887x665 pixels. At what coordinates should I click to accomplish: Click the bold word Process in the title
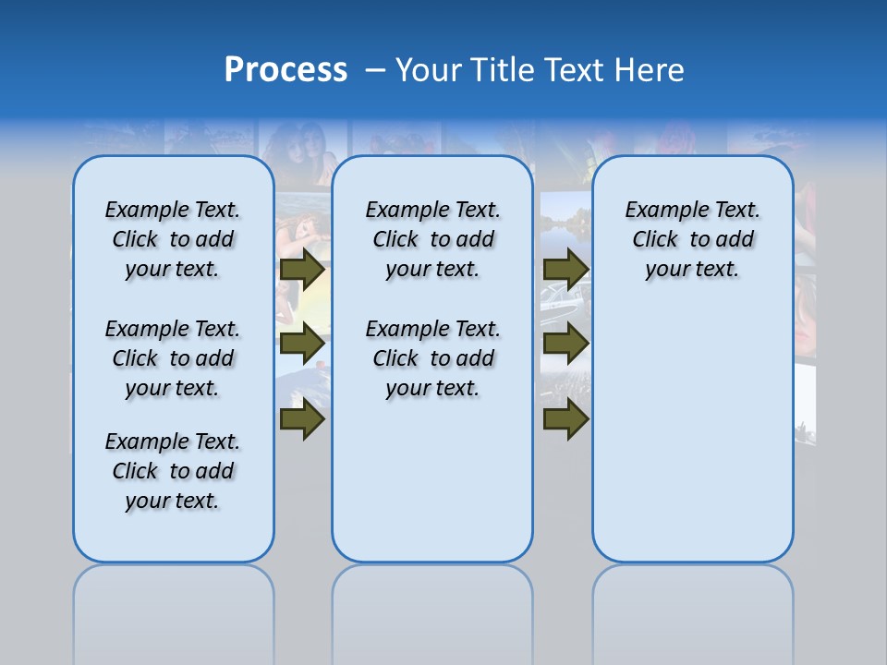tap(286, 70)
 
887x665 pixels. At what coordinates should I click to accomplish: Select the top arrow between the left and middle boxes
tap(302, 270)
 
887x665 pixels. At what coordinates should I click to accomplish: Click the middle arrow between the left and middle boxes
tap(302, 344)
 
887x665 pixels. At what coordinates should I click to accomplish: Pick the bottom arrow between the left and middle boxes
tap(302, 418)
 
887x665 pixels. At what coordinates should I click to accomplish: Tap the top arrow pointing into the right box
tap(565, 270)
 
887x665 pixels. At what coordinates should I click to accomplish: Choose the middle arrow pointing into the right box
tap(565, 344)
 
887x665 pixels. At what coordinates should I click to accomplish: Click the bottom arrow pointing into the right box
tap(565, 418)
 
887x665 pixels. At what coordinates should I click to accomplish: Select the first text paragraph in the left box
tap(173, 239)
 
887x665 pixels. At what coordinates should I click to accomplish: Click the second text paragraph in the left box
tap(173, 358)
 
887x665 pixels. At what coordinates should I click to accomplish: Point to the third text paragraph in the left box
tap(173, 471)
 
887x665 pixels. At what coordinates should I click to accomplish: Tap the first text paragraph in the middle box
tap(432, 239)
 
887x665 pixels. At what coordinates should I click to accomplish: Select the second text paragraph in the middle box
tap(432, 358)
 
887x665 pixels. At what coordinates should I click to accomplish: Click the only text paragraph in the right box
tap(692, 239)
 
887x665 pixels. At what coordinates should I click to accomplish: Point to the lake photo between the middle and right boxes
tap(564, 222)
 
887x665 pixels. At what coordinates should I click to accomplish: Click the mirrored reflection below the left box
tap(174, 610)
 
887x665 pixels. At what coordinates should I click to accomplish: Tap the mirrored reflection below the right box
tap(692, 610)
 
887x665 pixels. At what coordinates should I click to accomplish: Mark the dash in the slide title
tap(375, 70)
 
